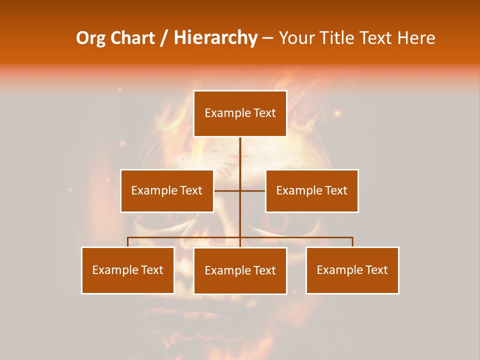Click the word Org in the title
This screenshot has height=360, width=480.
point(90,38)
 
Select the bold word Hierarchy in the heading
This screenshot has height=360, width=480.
point(215,38)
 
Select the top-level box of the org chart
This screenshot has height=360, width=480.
point(240,113)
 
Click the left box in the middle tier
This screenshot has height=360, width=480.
point(167,190)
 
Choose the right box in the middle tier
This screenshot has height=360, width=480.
point(312,190)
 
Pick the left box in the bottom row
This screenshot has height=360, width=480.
point(128,270)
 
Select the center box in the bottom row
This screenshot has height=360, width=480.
point(240,270)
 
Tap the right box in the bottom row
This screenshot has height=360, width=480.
point(352,270)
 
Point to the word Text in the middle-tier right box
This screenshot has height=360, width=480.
point(336,190)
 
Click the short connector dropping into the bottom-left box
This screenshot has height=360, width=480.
point(128,242)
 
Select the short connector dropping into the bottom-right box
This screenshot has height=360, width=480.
point(352,242)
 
